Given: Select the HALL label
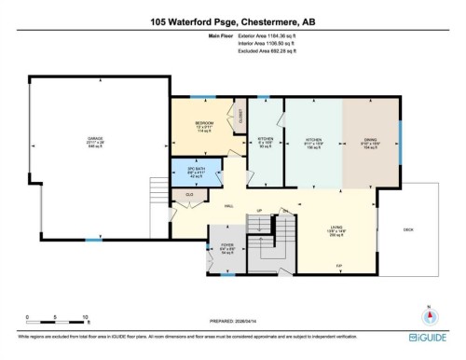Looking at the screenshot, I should tap(227, 207).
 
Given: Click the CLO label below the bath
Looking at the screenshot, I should tap(189, 195).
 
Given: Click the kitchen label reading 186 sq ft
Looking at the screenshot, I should tap(313, 142).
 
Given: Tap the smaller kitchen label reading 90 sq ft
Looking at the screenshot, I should tap(264, 142).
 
